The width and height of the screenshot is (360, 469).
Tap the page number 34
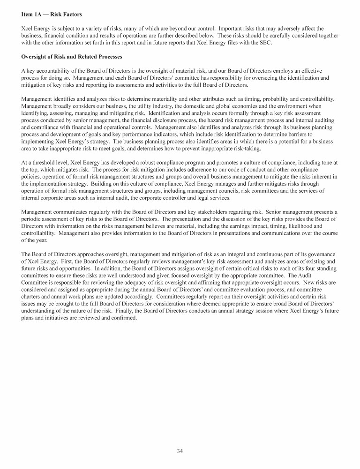(x=180, y=451)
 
